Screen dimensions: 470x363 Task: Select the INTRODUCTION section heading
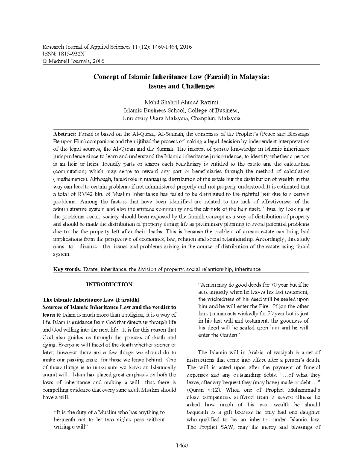coord(109,284)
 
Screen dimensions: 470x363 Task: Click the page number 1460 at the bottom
coord(181,445)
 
